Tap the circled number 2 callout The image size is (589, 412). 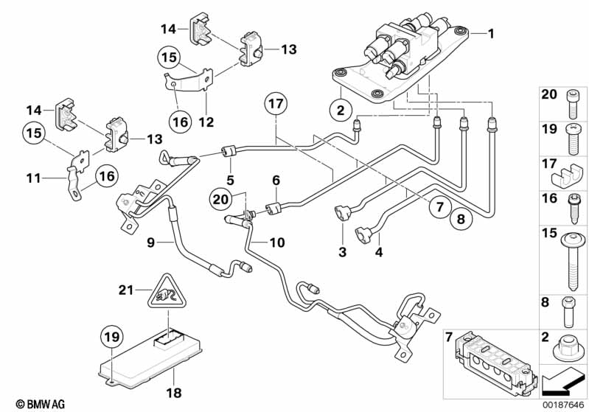tap(340, 111)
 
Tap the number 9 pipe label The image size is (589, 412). tap(150, 241)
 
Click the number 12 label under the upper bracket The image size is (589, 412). tap(207, 120)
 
